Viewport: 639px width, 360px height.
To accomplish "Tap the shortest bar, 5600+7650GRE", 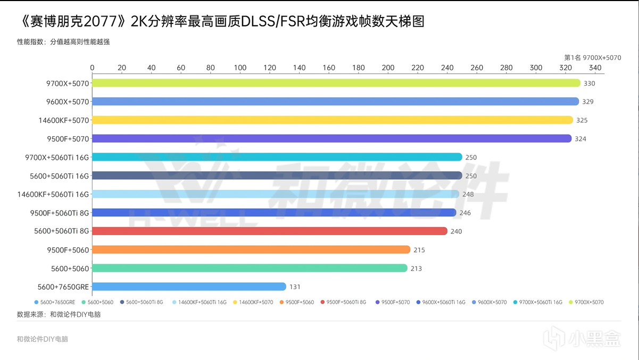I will [x=189, y=287].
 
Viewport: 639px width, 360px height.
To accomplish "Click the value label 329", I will [x=587, y=102].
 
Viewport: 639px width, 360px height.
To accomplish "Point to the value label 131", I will [x=295, y=287].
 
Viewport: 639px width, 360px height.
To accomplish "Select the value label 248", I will [x=468, y=194].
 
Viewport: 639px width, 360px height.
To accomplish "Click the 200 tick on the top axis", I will [x=388, y=68].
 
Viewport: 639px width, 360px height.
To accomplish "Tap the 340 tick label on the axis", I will [x=595, y=68].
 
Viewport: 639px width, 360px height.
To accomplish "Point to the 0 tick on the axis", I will [x=93, y=68].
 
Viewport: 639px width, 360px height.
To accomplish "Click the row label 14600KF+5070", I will [x=63, y=120].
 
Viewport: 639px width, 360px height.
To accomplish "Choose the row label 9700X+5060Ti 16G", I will [x=57, y=157].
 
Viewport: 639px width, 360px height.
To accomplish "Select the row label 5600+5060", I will [x=70, y=268].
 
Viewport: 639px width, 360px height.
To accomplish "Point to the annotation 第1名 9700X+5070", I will [x=592, y=57].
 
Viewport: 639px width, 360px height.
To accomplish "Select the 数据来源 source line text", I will [x=59, y=314].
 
